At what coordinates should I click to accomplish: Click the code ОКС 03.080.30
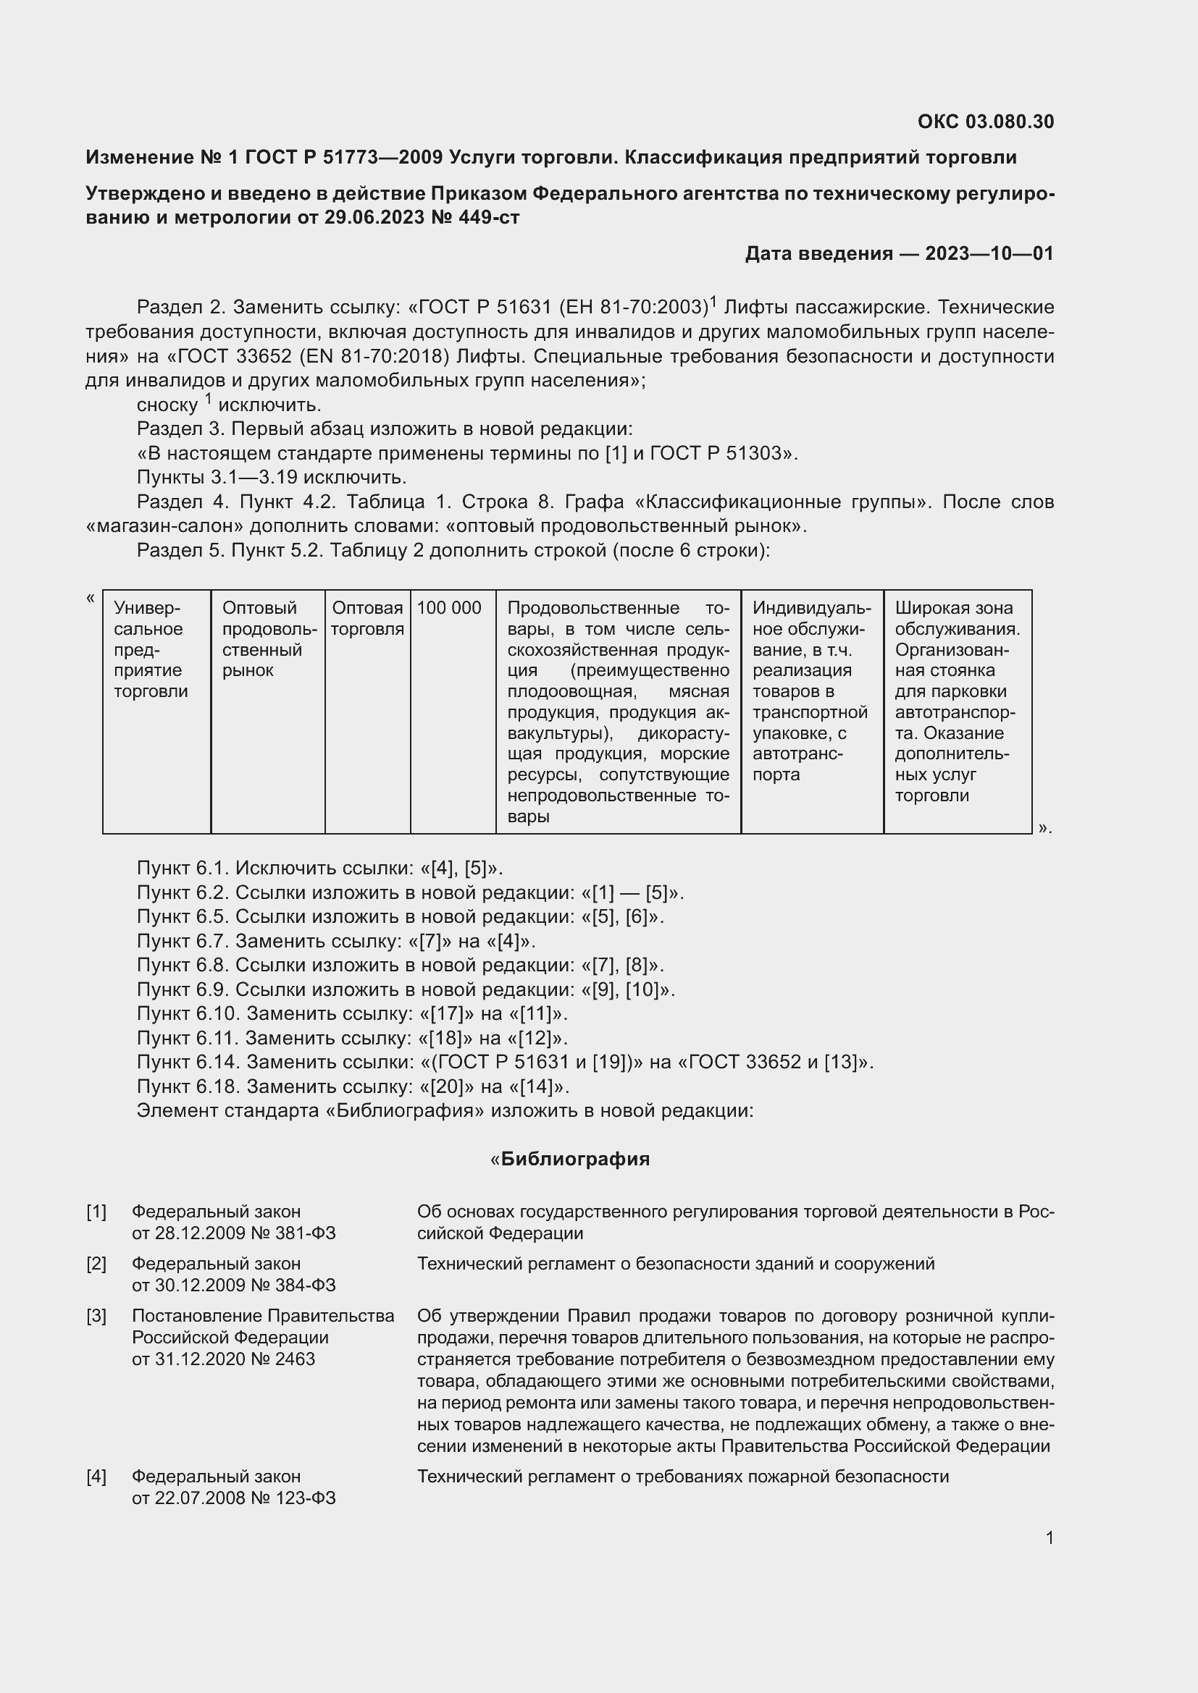coord(985,122)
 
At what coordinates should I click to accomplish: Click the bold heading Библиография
coord(574,1159)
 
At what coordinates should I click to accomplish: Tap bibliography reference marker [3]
coord(96,1316)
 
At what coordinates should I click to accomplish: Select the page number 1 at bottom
coord(1049,1538)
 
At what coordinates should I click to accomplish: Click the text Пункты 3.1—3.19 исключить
coord(272,477)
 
